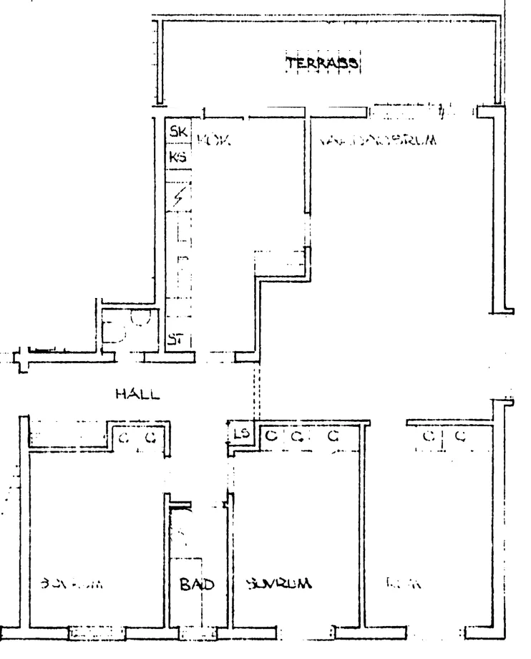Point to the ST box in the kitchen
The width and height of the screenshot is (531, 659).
tap(176, 339)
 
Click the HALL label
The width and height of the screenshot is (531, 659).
tap(136, 394)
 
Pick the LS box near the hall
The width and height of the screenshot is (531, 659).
tap(241, 434)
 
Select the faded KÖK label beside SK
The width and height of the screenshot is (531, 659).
tap(210, 135)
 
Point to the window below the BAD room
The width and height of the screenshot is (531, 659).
tap(196, 633)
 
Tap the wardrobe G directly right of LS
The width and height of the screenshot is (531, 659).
tap(271, 436)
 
